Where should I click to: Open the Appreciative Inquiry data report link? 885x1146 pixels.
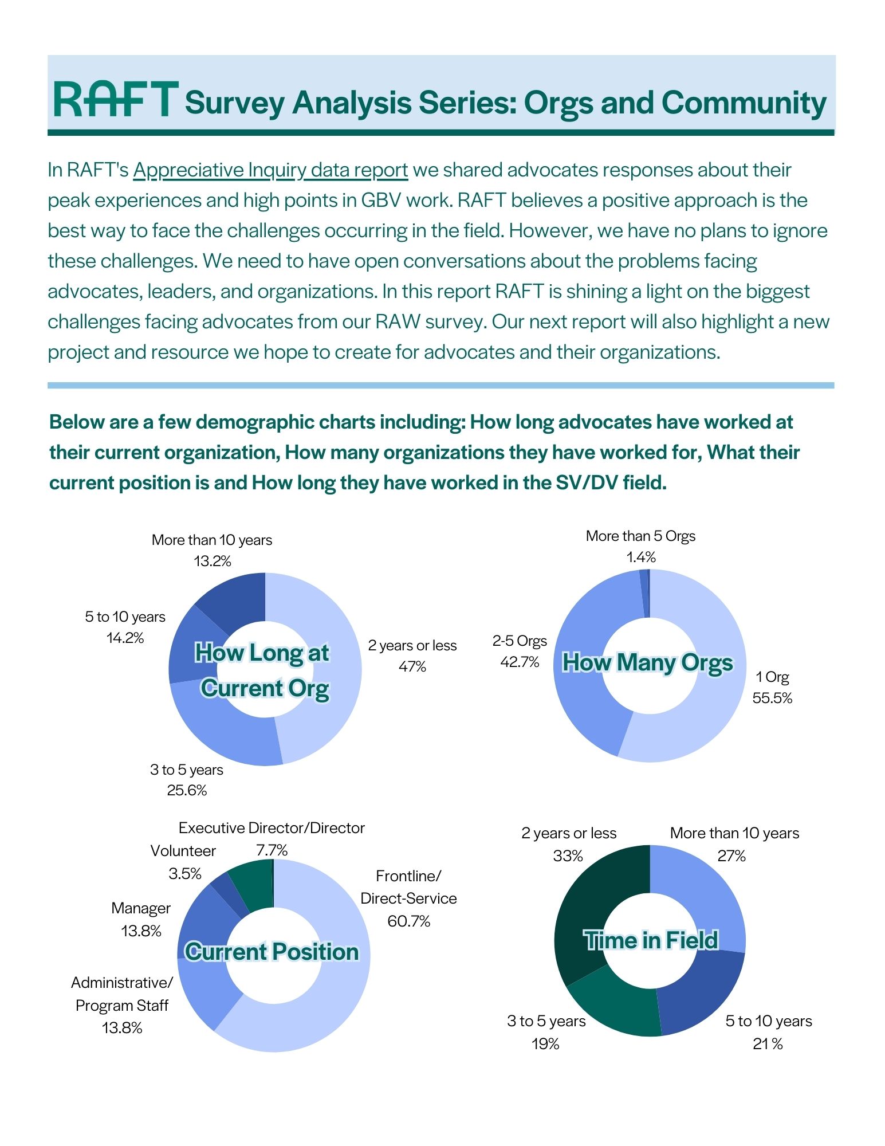(x=270, y=170)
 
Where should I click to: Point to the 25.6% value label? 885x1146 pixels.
(x=187, y=791)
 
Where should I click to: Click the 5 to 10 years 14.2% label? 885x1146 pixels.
(x=125, y=627)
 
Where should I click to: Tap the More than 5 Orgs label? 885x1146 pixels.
(x=640, y=536)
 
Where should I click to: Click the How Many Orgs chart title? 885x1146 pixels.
(x=647, y=662)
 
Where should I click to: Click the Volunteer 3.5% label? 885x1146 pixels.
(x=184, y=862)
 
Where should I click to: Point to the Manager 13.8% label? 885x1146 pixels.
(x=141, y=920)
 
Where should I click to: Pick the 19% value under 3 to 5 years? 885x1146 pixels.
(x=545, y=1044)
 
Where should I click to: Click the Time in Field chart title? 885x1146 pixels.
(x=651, y=941)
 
